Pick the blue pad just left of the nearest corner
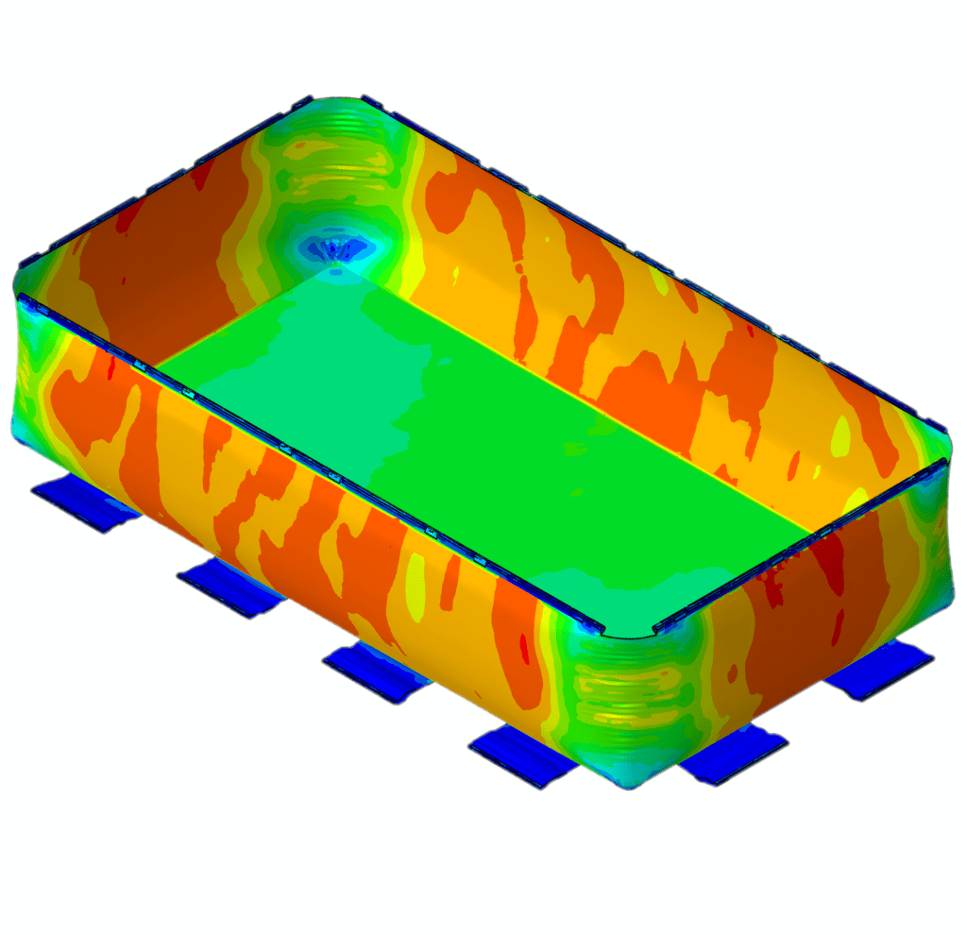521,752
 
